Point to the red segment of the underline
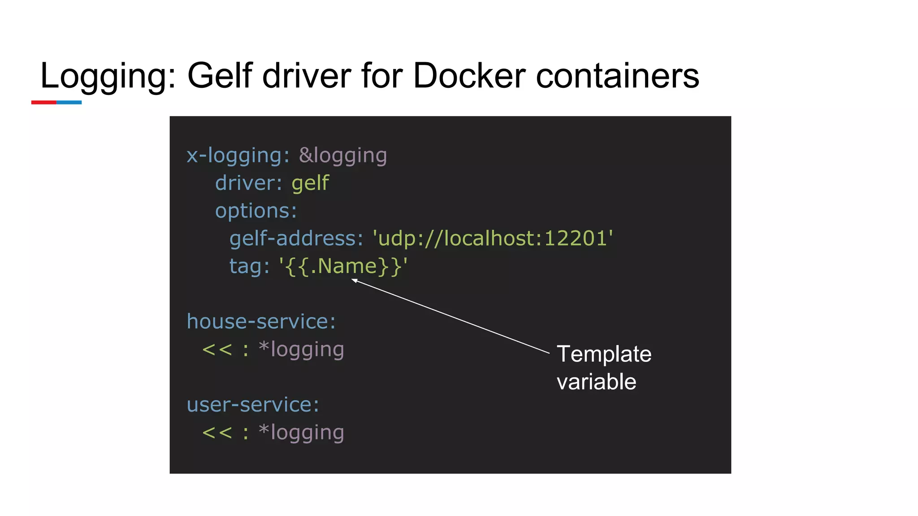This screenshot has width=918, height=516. pos(43,103)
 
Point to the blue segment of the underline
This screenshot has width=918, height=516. pos(69,103)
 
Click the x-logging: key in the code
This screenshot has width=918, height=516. pos(238,156)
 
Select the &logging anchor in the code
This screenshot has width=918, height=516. pos(343,156)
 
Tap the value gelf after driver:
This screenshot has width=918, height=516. pos(310,183)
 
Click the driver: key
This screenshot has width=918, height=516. pos(248,183)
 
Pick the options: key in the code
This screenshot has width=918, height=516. pos(256,211)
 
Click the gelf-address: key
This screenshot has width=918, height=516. pos(296,238)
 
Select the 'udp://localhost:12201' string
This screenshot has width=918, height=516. pos(493,238)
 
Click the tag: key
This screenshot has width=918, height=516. pos(249,266)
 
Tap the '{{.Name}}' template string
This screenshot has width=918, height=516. pos(343,266)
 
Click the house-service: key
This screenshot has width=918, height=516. pos(261,322)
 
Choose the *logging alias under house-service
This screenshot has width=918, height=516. pos(302,349)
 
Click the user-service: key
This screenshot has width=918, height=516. pos(253,405)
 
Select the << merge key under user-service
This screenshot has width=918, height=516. pos(217,433)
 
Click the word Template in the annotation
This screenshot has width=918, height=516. pos(604,354)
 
